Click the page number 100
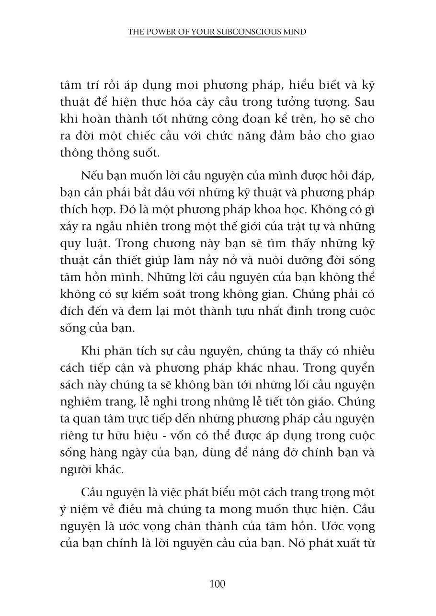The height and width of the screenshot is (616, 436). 218,584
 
